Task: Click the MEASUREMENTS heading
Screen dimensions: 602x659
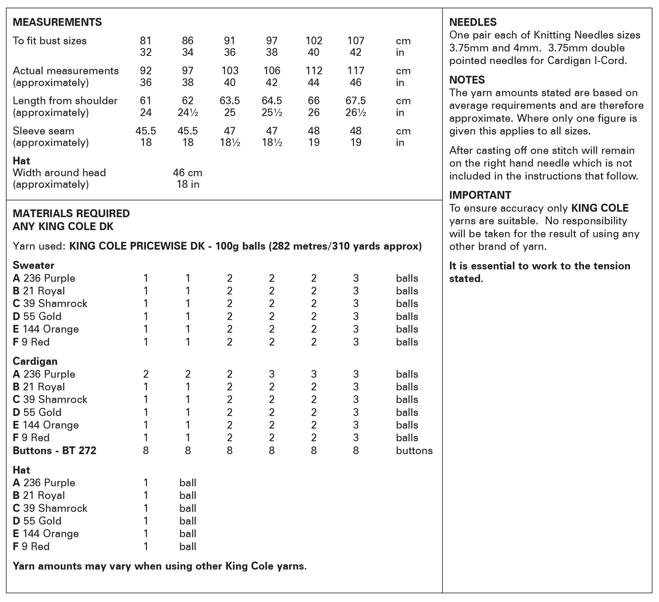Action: [x=57, y=22]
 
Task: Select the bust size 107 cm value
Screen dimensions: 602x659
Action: [x=356, y=41]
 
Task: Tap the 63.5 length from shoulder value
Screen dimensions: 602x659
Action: [x=229, y=101]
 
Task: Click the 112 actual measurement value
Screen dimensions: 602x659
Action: [x=313, y=70]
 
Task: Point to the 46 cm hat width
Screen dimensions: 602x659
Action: [x=188, y=172]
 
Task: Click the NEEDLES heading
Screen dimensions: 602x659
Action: [x=473, y=22]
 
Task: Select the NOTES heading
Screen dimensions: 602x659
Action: [x=467, y=80]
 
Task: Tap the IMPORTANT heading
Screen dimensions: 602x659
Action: [x=480, y=195]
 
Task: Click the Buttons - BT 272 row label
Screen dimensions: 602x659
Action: [x=55, y=451]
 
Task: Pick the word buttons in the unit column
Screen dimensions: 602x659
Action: [x=414, y=451]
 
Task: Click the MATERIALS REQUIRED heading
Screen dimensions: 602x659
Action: [x=71, y=213]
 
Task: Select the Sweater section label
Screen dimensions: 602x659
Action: [x=33, y=265]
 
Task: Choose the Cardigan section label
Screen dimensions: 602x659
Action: [x=35, y=361]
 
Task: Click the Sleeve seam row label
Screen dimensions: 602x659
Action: [x=43, y=131]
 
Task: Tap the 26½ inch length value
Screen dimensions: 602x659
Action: [x=356, y=113]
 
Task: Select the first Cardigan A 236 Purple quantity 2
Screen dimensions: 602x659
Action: [x=146, y=374]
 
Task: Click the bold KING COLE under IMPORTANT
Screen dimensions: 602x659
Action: [x=600, y=208]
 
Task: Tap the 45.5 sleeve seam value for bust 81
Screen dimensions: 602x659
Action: [x=146, y=131]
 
